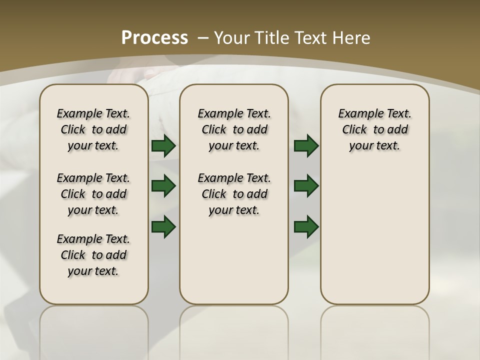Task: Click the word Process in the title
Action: click(x=154, y=37)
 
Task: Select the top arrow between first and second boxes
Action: click(x=163, y=146)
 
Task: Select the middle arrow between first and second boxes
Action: click(x=163, y=186)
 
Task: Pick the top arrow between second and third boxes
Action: click(x=306, y=146)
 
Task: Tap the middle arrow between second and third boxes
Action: click(x=306, y=186)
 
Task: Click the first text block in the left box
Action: click(x=93, y=129)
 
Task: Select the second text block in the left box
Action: click(x=93, y=194)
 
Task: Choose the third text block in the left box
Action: click(x=93, y=255)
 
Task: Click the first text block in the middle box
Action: click(x=234, y=129)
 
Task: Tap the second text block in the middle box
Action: click(x=234, y=194)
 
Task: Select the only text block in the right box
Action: click(x=374, y=129)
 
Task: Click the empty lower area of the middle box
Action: click(x=234, y=260)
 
